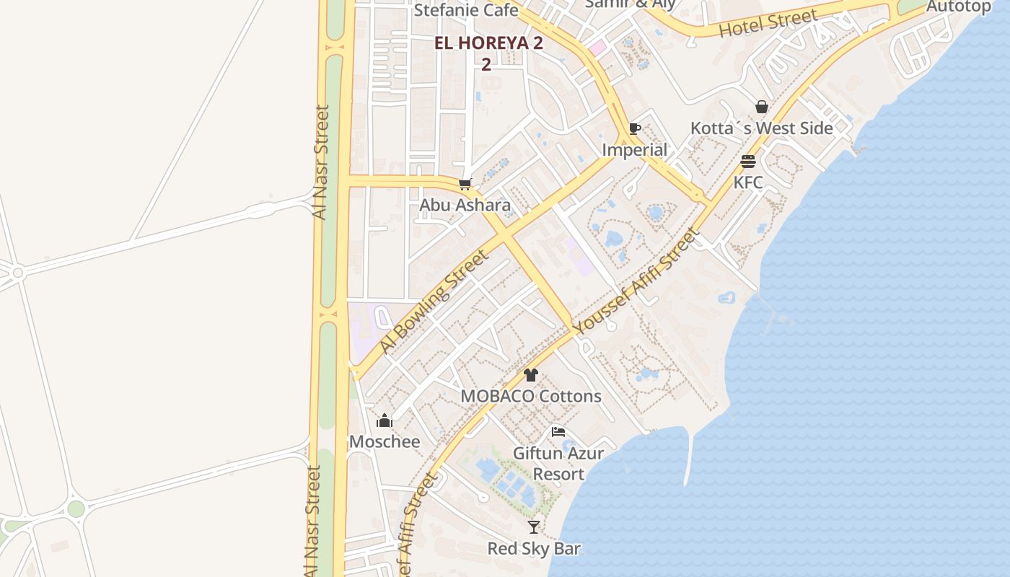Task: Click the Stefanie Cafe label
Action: pyautogui.click(x=465, y=10)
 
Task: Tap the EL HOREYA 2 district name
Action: pyautogui.click(x=488, y=43)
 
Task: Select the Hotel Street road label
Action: pyautogui.click(x=768, y=23)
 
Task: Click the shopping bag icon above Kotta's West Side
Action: pyautogui.click(x=761, y=107)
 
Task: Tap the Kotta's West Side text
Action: pyautogui.click(x=761, y=128)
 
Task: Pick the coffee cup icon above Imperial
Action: pyautogui.click(x=634, y=129)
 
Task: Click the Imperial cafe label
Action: pyautogui.click(x=634, y=150)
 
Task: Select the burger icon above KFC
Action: pyautogui.click(x=747, y=162)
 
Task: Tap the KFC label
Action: pyautogui.click(x=747, y=182)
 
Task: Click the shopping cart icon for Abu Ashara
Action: pyautogui.click(x=465, y=185)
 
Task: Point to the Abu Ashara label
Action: pyautogui.click(x=465, y=205)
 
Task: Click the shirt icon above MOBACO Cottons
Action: pyautogui.click(x=531, y=375)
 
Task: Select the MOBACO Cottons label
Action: pyautogui.click(x=531, y=396)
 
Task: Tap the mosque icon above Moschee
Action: pyautogui.click(x=385, y=420)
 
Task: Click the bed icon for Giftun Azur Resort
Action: pyautogui.click(x=558, y=432)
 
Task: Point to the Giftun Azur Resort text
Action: pyautogui.click(x=558, y=464)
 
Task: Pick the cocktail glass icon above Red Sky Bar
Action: pyautogui.click(x=533, y=527)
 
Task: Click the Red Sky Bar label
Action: pyautogui.click(x=533, y=549)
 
